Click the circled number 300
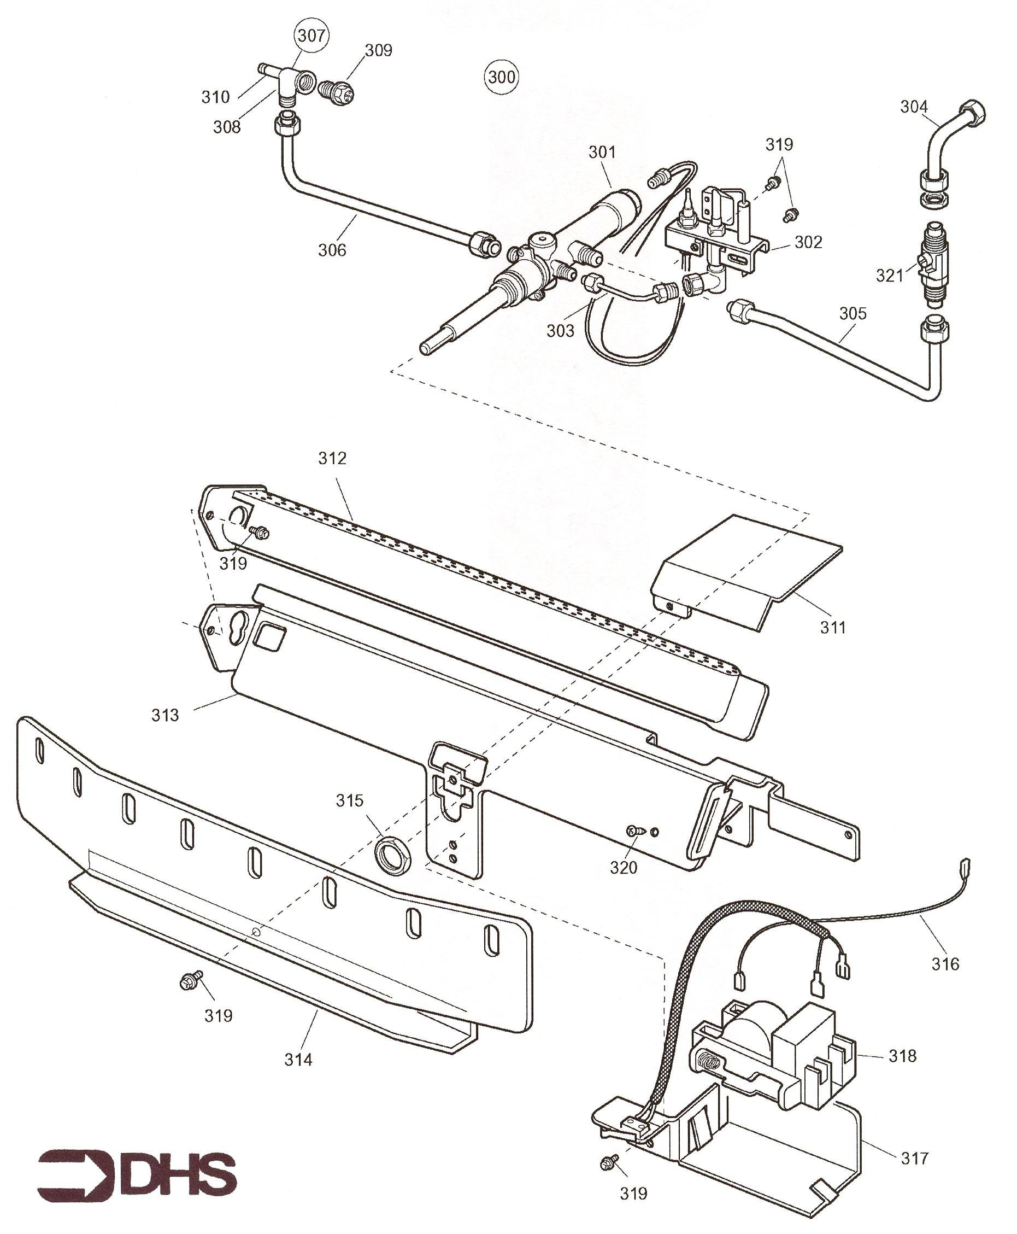click(502, 77)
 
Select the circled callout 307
click(311, 36)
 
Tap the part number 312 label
click(332, 458)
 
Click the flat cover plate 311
click(747, 572)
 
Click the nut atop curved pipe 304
click(971, 112)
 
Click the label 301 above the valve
click(602, 153)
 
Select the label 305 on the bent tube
click(853, 313)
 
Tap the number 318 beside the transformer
click(902, 1056)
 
